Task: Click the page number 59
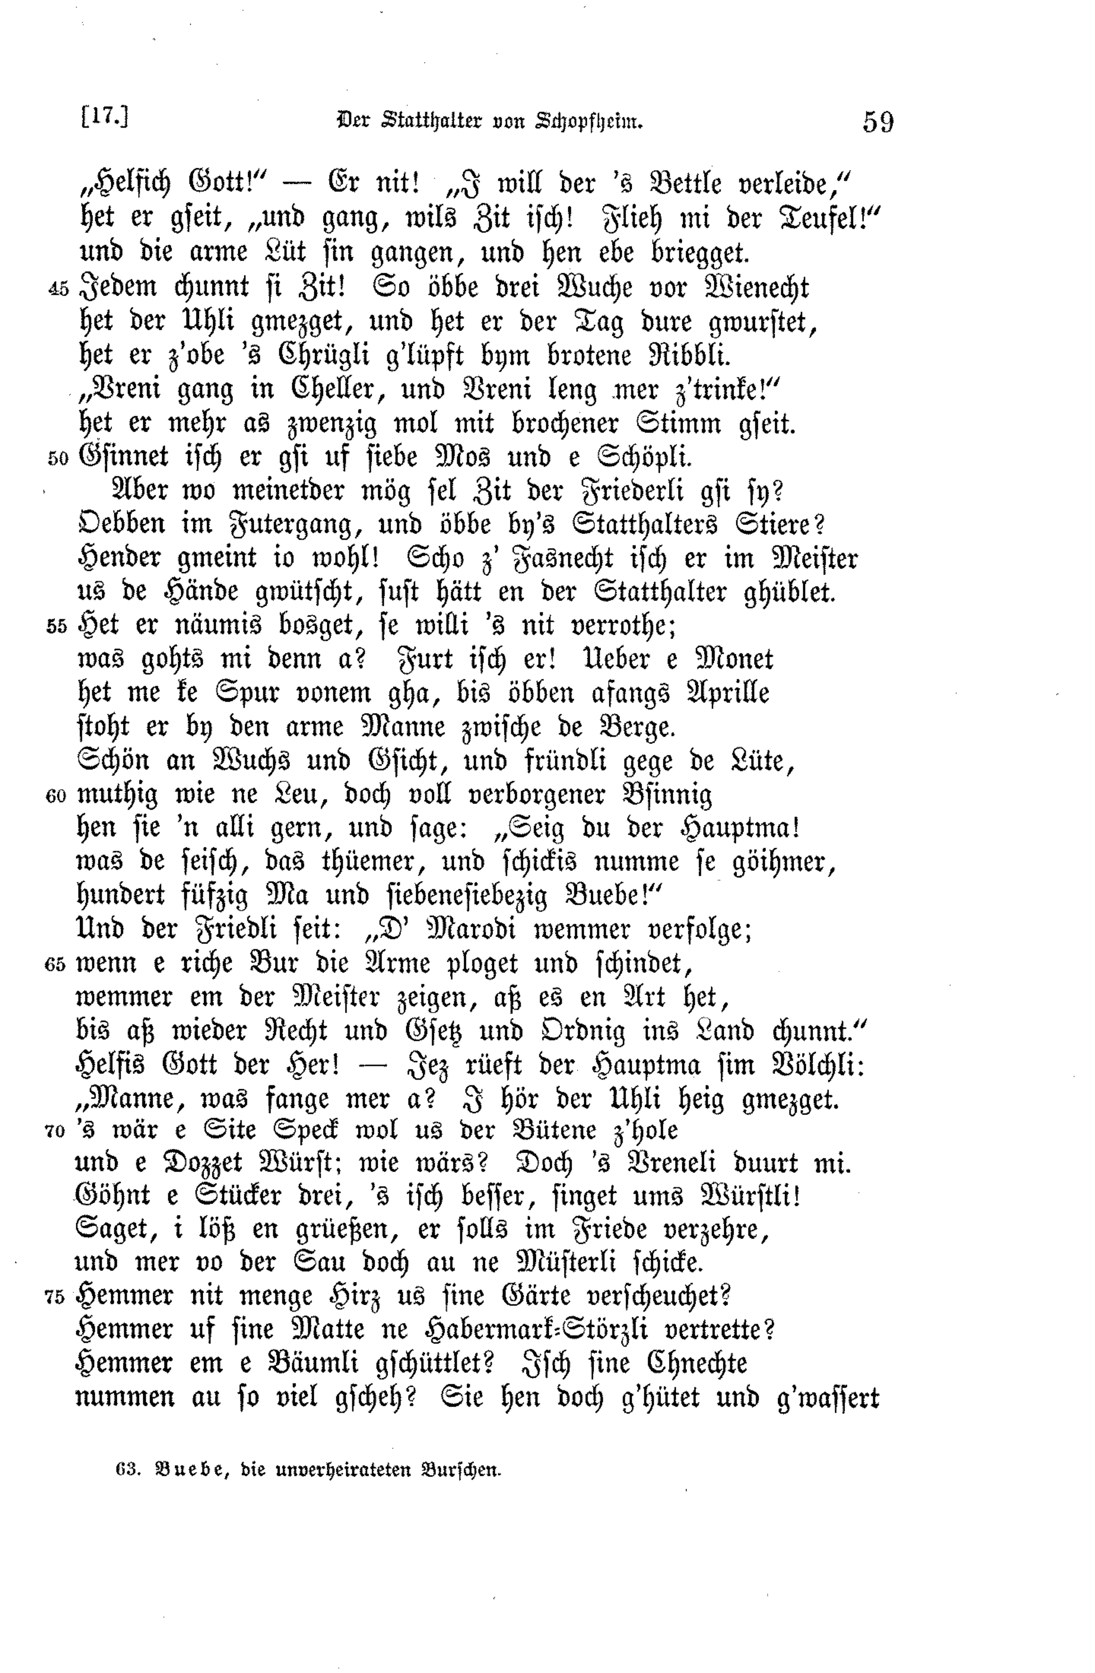878,122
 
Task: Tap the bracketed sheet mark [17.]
105,117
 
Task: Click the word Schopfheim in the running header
590,122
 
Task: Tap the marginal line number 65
55,964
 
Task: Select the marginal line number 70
54,1132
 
